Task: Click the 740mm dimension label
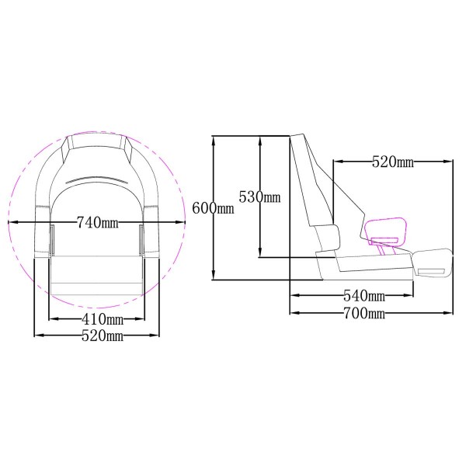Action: (x=97, y=223)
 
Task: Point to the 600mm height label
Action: (x=212, y=208)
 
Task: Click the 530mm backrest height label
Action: (x=259, y=196)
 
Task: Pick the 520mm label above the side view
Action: (x=392, y=162)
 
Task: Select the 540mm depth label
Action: (x=364, y=296)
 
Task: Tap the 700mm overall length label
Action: (x=364, y=313)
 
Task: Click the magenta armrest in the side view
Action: (x=385, y=228)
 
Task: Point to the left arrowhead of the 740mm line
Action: (x=11, y=222)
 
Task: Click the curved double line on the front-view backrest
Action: (x=97, y=179)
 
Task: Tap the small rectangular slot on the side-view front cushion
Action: (x=433, y=271)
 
